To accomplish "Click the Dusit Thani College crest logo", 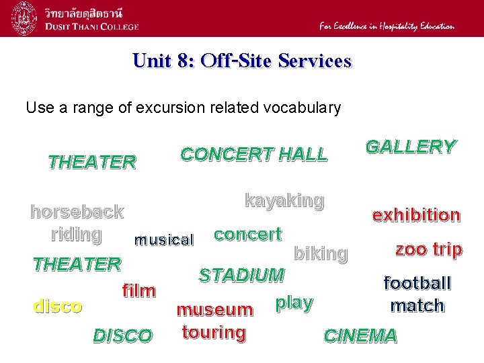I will click(x=24, y=19).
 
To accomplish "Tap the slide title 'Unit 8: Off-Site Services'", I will click(x=242, y=61).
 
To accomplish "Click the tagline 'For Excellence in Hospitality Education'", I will click(x=387, y=26).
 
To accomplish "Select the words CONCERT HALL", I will click(x=254, y=154).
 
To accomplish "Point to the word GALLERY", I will click(x=410, y=147).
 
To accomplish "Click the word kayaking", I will click(x=284, y=200).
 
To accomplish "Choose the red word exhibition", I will click(x=416, y=215).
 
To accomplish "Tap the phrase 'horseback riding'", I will click(x=77, y=223).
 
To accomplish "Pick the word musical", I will click(x=164, y=239).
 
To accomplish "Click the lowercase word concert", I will click(x=247, y=234).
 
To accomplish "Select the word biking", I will click(x=321, y=253).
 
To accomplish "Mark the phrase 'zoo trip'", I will click(x=428, y=249).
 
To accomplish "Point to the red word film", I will click(x=139, y=291).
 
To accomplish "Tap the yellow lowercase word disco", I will click(x=58, y=306).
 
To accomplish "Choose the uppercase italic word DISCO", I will click(x=122, y=335).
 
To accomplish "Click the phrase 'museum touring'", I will click(x=214, y=321).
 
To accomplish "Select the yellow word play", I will click(x=294, y=302).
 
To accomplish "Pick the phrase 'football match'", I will click(x=417, y=294).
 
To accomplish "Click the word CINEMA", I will click(x=360, y=335).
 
